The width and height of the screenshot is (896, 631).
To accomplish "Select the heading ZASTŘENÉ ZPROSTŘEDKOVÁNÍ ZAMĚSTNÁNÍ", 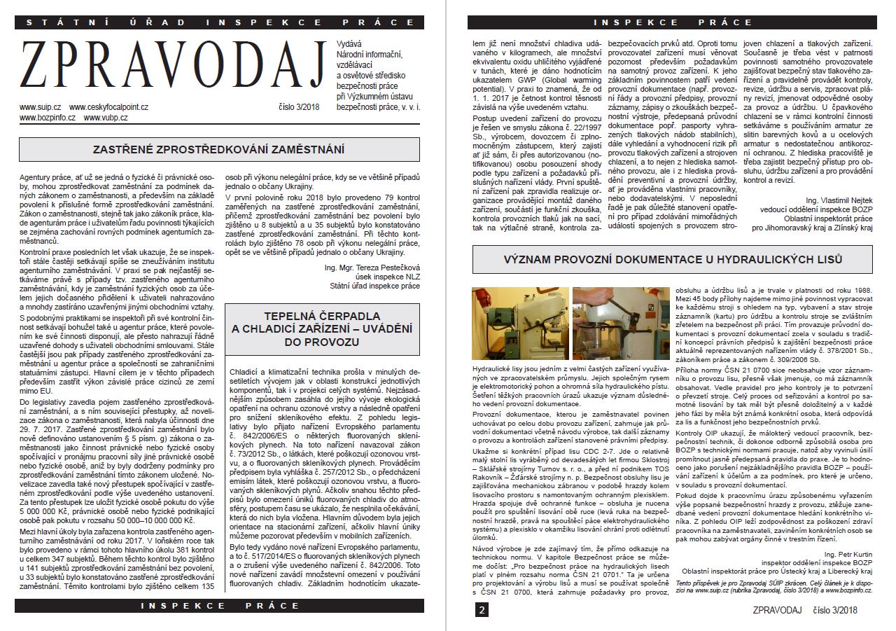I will coord(219,149).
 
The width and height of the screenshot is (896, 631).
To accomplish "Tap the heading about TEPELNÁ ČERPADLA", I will coord(322,329).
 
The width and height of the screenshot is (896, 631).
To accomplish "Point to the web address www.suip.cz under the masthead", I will coord(39,107).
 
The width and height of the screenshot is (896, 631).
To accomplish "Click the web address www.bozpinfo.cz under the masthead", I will coord(47,118).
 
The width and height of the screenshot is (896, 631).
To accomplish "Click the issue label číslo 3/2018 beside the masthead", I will coord(298,107).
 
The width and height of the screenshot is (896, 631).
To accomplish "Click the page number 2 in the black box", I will coord(482,610).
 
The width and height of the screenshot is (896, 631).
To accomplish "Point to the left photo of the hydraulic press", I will coord(519,323).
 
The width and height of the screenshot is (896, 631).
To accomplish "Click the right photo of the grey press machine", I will coord(620,323).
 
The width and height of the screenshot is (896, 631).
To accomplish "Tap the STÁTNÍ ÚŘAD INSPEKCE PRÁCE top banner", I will coord(219,22).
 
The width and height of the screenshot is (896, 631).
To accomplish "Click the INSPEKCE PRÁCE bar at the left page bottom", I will coord(219,604).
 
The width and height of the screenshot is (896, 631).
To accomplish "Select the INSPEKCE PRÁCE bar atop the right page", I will coord(672,22).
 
